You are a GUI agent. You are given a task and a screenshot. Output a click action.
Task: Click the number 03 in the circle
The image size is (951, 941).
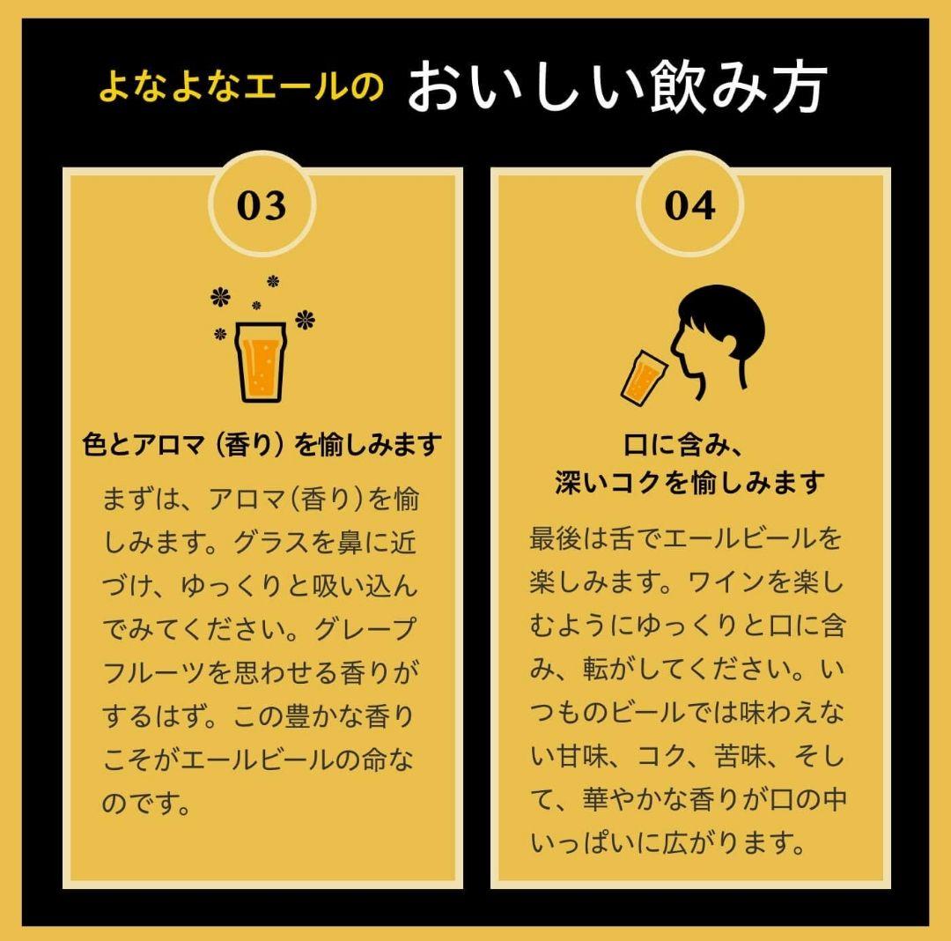pyautogui.click(x=262, y=205)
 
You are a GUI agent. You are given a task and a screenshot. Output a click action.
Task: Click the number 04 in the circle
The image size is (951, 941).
pyautogui.click(x=689, y=205)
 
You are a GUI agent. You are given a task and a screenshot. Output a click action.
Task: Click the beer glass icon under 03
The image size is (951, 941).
pyautogui.click(x=261, y=360)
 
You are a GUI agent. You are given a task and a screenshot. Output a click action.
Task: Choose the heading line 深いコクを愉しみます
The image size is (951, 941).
pyautogui.click(x=689, y=483)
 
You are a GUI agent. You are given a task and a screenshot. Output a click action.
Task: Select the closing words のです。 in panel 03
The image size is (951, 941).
pyautogui.click(x=146, y=804)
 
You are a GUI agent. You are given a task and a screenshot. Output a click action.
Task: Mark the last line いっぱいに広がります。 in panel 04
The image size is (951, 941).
pyautogui.click(x=668, y=843)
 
